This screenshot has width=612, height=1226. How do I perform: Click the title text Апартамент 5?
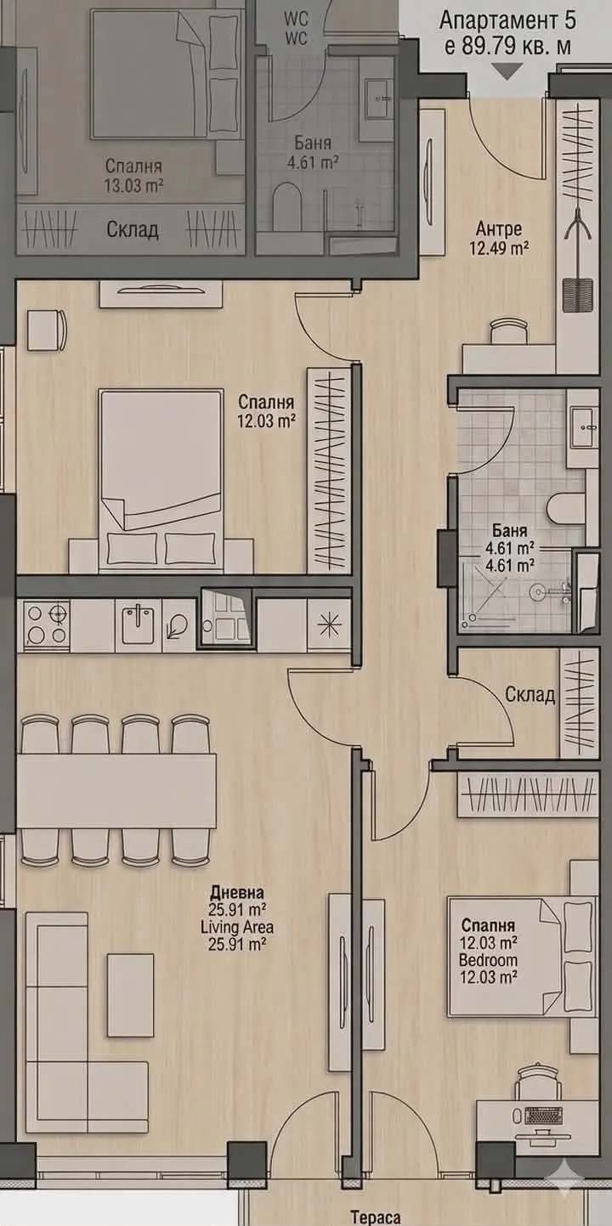(x=505, y=21)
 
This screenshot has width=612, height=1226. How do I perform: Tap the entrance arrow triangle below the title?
(x=507, y=72)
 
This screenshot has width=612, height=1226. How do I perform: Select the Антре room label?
(x=498, y=229)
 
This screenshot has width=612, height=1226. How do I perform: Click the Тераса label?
(x=375, y=1217)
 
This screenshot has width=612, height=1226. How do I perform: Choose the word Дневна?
(x=237, y=892)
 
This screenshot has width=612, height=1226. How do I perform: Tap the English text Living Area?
(x=237, y=926)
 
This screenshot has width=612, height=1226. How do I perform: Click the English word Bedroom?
(x=488, y=960)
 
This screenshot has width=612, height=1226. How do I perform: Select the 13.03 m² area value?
(x=134, y=184)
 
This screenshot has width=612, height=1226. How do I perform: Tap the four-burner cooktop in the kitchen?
(x=46, y=624)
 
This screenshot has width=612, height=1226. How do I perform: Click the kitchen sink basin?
(x=137, y=625)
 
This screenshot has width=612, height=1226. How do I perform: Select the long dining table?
(x=116, y=790)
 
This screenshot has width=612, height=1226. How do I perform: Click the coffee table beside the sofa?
(x=130, y=995)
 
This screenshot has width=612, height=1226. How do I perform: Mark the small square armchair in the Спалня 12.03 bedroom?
(x=46, y=330)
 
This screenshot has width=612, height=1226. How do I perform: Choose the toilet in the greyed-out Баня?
(x=289, y=204)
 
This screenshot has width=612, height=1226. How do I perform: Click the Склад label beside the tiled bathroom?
(x=530, y=695)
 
